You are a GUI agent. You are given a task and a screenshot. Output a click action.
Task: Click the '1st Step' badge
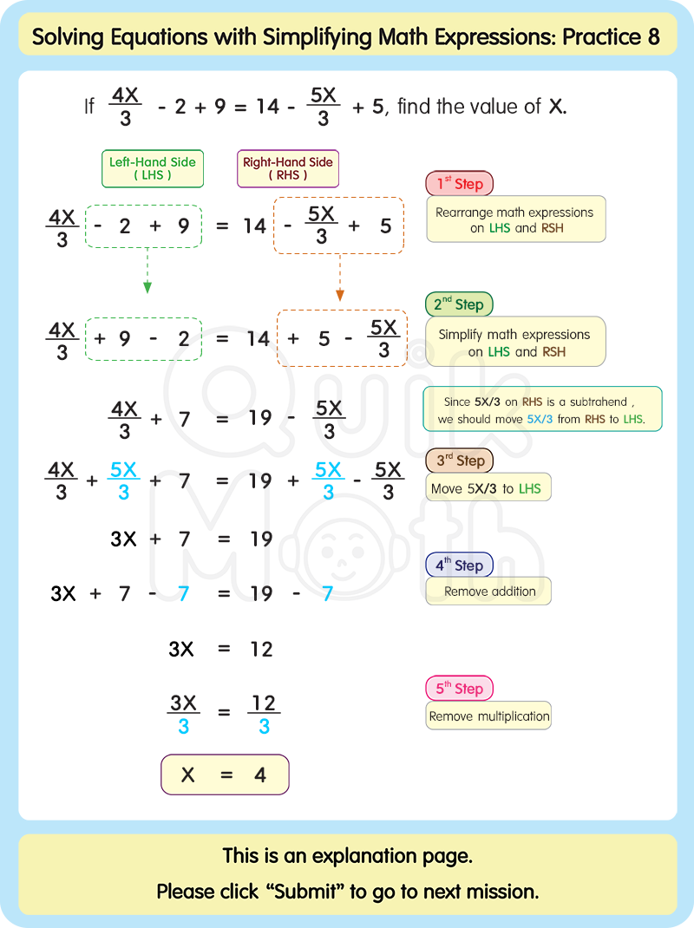pos(459,184)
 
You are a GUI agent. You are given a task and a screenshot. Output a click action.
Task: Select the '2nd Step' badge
pos(459,304)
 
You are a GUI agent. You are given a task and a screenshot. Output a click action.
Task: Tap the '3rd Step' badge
pos(459,461)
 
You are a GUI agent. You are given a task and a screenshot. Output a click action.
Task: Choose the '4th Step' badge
pos(459,565)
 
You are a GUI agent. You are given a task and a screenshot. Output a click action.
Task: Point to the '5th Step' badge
pos(459,689)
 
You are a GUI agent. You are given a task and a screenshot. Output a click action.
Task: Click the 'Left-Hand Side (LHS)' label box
pos(153,168)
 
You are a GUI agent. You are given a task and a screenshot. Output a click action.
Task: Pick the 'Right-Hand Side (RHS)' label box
pos(288,168)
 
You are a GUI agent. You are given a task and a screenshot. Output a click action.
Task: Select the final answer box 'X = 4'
pos(225,774)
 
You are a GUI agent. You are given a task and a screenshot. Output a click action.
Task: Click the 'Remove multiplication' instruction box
pos(489,716)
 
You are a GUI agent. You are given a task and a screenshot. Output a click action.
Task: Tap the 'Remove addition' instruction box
pos(489,591)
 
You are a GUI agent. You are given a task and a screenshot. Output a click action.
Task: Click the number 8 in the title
pos(653,37)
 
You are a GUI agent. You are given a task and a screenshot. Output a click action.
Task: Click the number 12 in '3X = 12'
pos(261,649)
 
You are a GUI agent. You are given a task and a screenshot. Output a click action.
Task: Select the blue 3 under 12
pos(264,727)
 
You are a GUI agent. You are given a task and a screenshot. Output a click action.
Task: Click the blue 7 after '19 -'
pos(327,594)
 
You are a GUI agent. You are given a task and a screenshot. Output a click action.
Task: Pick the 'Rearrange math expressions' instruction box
pos(515,219)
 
